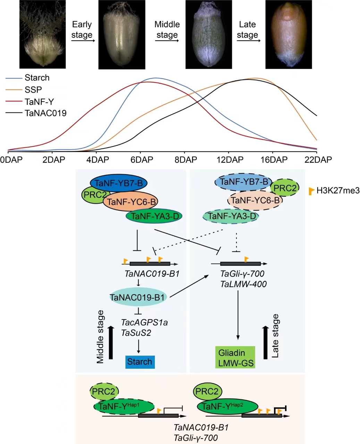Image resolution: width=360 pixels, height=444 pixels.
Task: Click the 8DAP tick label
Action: (186, 160)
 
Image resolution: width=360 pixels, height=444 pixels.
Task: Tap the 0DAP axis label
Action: (11, 160)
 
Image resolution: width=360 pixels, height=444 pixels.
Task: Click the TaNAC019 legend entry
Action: (45, 113)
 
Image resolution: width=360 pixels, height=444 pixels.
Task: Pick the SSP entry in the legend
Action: (33, 89)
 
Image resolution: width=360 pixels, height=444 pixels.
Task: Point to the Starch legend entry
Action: (37, 78)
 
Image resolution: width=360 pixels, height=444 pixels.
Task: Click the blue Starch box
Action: (140, 362)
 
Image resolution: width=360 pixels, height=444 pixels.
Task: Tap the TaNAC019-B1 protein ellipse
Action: (138, 297)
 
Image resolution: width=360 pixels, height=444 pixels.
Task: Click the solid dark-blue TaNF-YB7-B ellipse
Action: (119, 183)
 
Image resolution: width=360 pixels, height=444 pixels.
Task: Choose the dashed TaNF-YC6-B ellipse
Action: (255, 200)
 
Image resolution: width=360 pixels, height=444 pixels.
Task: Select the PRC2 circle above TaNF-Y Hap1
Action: (104, 392)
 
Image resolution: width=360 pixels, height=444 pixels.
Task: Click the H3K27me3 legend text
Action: (338, 190)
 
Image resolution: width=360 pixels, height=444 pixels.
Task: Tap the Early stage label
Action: (82, 29)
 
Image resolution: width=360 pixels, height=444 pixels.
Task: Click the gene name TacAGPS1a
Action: (144, 322)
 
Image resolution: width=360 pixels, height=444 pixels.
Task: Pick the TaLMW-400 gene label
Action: (243, 284)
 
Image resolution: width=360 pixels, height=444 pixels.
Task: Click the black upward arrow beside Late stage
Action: (265, 342)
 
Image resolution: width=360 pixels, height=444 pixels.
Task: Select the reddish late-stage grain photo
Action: (288, 34)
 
